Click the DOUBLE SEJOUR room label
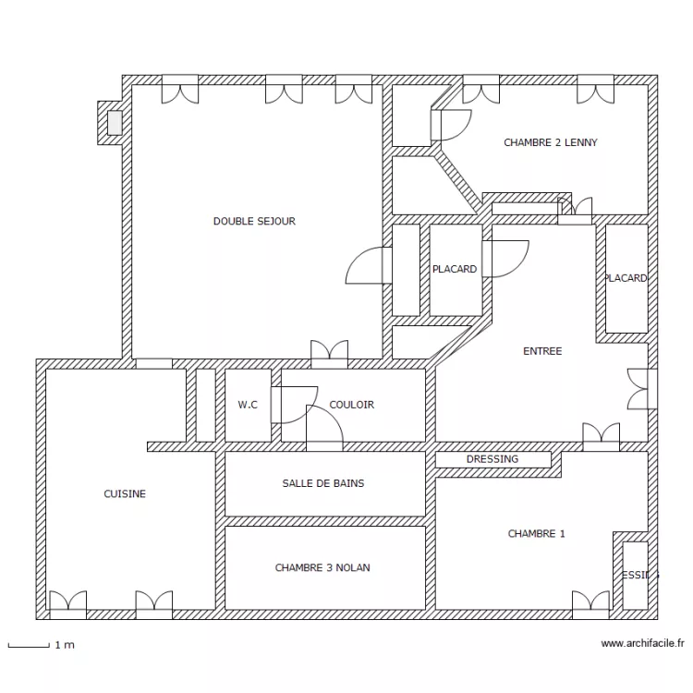(x=254, y=222)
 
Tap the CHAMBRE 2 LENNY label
(x=550, y=143)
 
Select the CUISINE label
(x=125, y=494)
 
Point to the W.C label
(x=248, y=405)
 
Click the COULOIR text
(x=351, y=405)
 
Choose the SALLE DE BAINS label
(x=322, y=483)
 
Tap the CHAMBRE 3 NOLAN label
(x=322, y=567)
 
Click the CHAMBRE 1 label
(x=536, y=534)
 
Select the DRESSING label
(x=492, y=459)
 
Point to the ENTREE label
(x=541, y=351)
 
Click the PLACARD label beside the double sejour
(x=455, y=270)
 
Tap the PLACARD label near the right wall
(x=626, y=278)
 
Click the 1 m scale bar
(x=29, y=645)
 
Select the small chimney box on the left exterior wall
(x=115, y=123)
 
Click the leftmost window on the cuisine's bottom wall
(x=67, y=605)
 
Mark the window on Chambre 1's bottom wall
(x=590, y=605)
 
